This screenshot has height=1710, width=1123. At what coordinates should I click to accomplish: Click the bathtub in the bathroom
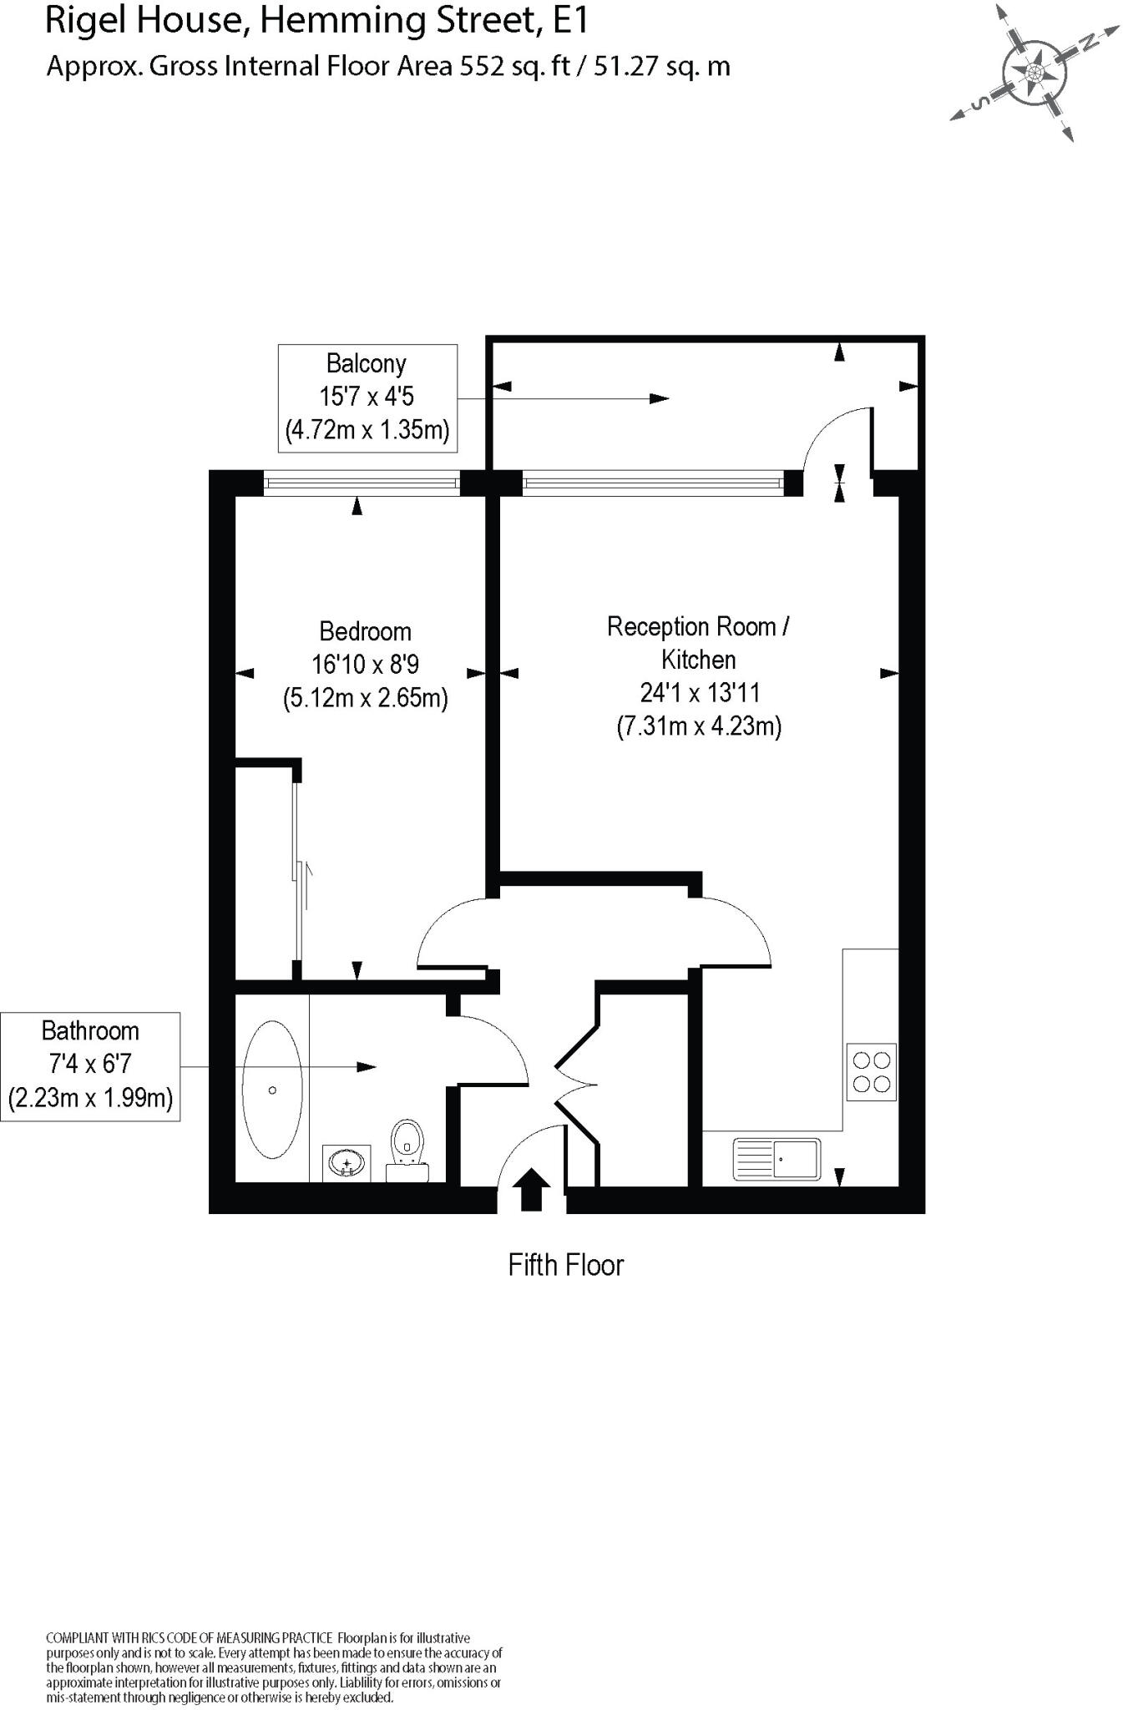[x=272, y=1090]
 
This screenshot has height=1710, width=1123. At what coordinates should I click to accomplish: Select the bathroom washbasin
[x=347, y=1161]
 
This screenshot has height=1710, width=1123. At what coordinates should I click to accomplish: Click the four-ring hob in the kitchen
[x=871, y=1072]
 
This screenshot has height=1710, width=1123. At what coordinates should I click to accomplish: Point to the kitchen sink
[x=776, y=1159]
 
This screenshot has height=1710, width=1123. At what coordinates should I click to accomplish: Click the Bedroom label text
[x=365, y=631]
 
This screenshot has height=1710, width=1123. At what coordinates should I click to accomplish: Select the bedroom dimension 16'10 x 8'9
[x=365, y=665]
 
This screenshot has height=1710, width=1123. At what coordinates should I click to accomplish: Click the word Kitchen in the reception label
[x=698, y=660]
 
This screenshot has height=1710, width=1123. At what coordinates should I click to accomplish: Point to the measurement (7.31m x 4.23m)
[x=698, y=726]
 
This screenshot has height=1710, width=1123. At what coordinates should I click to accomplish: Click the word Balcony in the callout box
[x=366, y=364]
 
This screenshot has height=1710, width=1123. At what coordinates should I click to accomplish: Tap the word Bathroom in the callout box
[x=90, y=1031]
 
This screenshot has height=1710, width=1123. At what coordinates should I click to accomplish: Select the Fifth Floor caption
[x=565, y=1265]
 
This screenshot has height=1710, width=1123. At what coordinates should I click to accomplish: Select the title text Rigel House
[x=142, y=20]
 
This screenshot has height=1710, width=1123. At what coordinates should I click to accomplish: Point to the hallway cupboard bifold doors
[x=576, y=1085]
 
